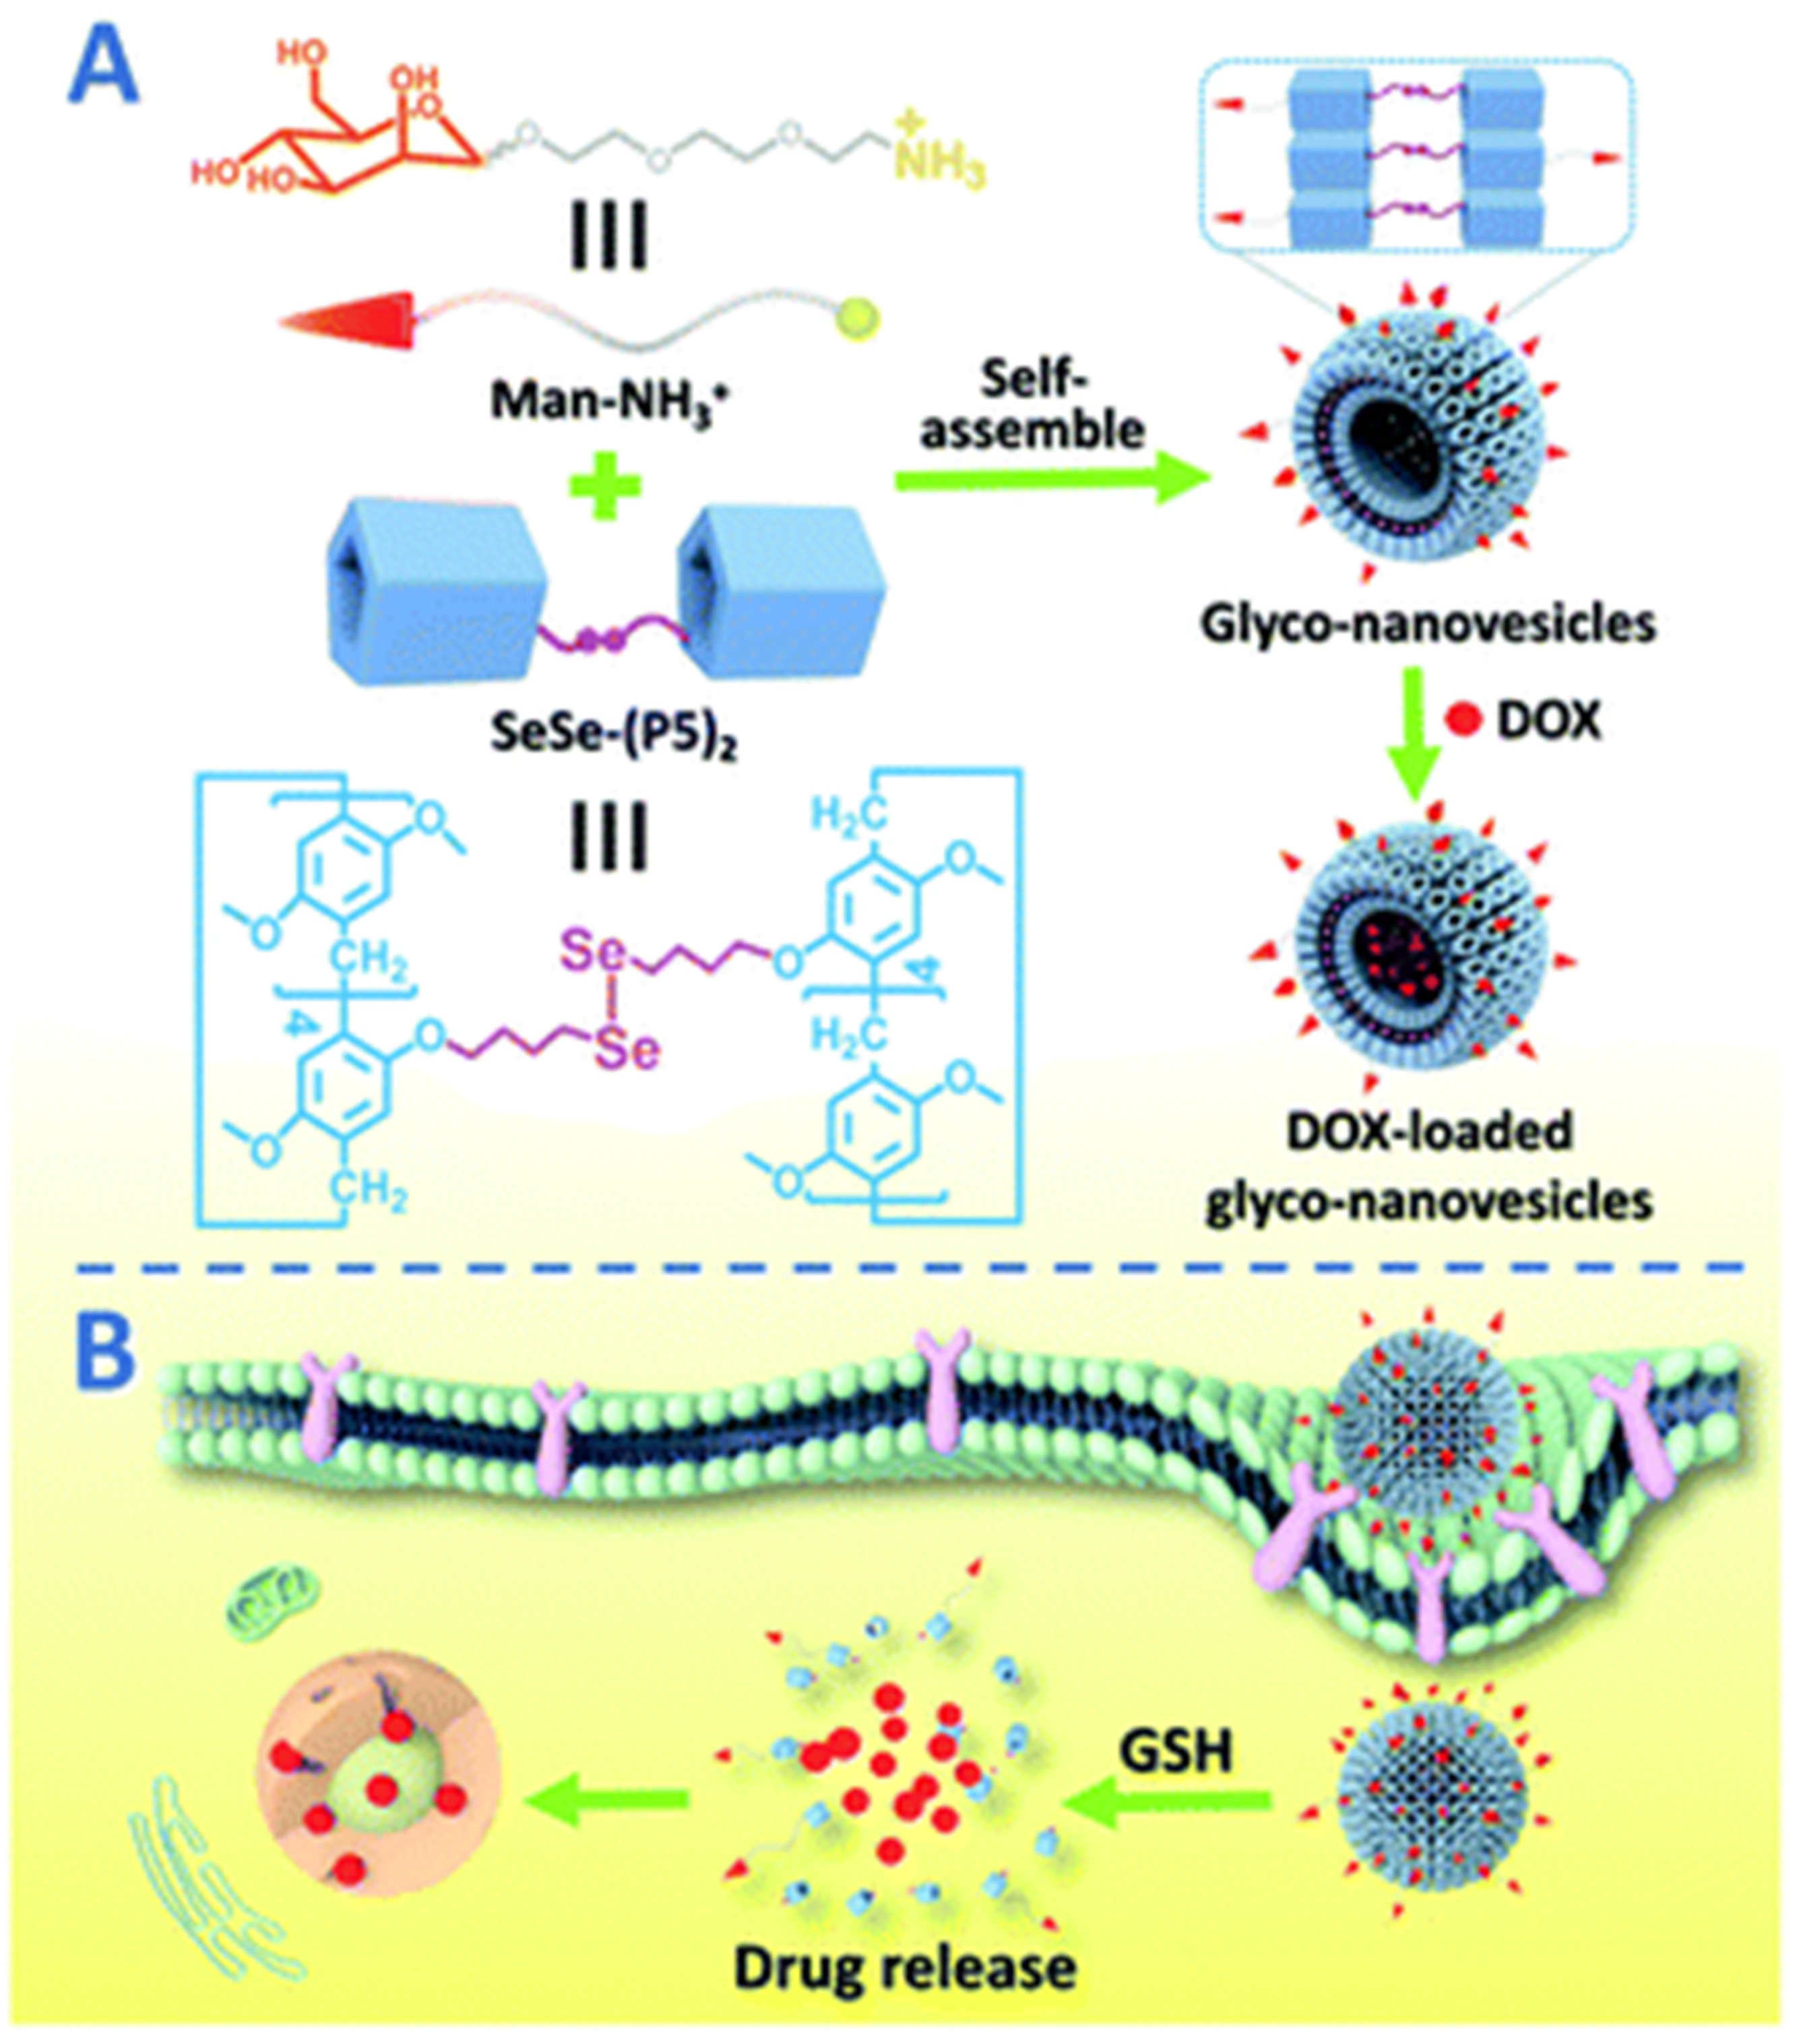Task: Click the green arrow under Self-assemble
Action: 1052,480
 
